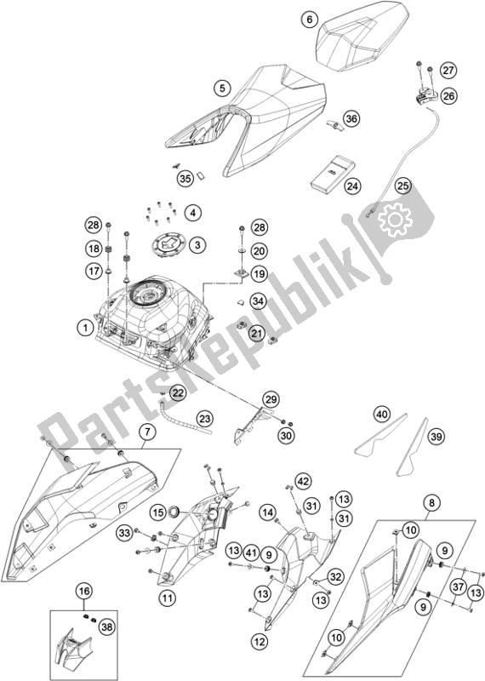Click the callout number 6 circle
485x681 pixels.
[x=309, y=19]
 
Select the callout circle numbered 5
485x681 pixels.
[x=223, y=87]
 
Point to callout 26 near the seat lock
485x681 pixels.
[x=448, y=96]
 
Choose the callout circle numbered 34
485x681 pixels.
[x=258, y=300]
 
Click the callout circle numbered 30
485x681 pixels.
[x=285, y=436]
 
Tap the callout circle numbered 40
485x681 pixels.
[x=382, y=415]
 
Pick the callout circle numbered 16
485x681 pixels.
[x=83, y=589]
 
